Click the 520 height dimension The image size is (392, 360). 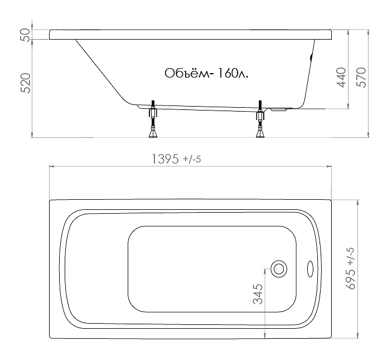[26, 83]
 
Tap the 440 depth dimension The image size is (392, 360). [341, 78]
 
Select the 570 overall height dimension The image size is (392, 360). [361, 78]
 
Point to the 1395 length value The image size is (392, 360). [166, 159]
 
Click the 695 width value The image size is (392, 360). [351, 279]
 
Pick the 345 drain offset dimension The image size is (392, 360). [258, 294]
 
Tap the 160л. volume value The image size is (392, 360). [233, 73]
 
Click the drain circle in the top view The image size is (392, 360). [278, 268]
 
